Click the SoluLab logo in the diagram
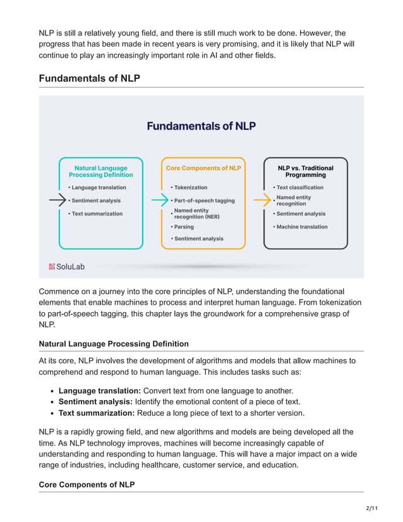66,267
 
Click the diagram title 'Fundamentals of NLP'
201,126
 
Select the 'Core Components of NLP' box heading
203,168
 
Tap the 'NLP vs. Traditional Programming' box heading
305,171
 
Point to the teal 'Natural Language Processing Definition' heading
100,171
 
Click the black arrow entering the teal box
57,200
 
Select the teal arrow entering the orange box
160,200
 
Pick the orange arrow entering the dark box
262,200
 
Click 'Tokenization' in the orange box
190,188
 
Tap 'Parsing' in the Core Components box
184,227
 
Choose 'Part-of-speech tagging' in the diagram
204,200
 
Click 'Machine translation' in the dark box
302,227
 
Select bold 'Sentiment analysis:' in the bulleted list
95,401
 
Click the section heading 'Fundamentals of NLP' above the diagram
89,78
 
